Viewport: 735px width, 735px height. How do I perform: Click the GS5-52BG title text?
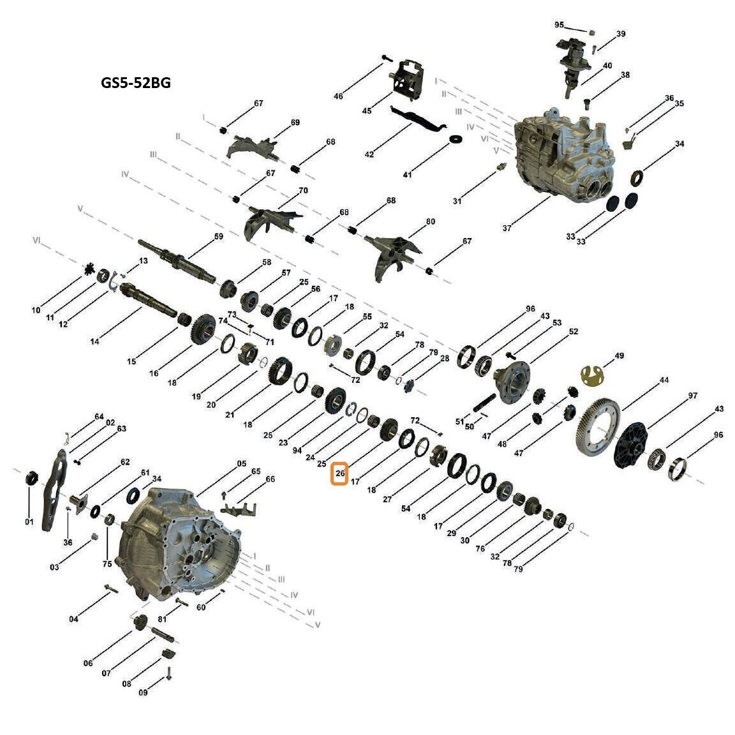coord(136,82)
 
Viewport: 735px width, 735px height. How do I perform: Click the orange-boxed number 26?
coord(340,473)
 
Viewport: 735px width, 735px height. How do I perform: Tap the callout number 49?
coord(619,356)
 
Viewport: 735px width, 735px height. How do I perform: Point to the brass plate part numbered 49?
coord(593,375)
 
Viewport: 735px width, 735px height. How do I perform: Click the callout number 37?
coord(507,228)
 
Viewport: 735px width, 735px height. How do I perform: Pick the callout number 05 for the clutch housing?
coord(241,464)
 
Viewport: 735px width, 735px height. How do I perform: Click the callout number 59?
coord(219,236)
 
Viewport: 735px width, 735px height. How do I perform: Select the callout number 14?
coord(94,341)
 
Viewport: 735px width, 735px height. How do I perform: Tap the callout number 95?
coord(559,25)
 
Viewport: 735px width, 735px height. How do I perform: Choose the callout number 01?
coord(29,521)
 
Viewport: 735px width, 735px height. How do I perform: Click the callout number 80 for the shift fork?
coord(430,221)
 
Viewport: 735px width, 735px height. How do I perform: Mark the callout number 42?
coord(369,154)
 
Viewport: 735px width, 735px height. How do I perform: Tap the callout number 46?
coord(338,96)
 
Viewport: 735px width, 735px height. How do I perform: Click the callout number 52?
coord(574,331)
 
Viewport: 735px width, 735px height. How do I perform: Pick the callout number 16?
coord(154,373)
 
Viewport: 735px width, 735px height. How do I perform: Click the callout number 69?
coord(295,122)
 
